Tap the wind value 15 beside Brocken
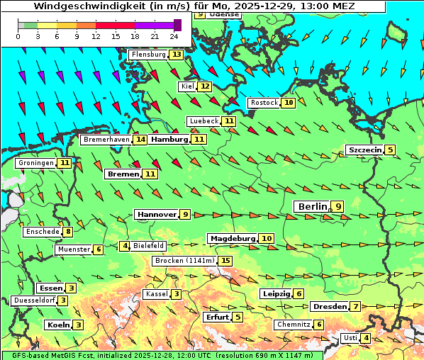click(x=225, y=261)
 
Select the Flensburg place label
click(x=148, y=55)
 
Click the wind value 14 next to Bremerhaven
click(x=140, y=140)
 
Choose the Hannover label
click(x=157, y=214)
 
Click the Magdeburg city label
click(x=232, y=238)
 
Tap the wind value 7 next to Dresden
click(x=355, y=306)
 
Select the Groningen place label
click(x=36, y=163)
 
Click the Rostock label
click(x=264, y=103)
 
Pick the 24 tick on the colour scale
click(x=174, y=36)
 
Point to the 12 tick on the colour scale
click(x=96, y=36)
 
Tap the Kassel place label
click(x=156, y=294)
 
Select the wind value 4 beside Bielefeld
click(x=125, y=246)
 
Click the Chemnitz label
click(x=294, y=325)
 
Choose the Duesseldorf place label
click(x=34, y=300)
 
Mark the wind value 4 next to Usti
click(x=366, y=338)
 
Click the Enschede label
click(x=42, y=231)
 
